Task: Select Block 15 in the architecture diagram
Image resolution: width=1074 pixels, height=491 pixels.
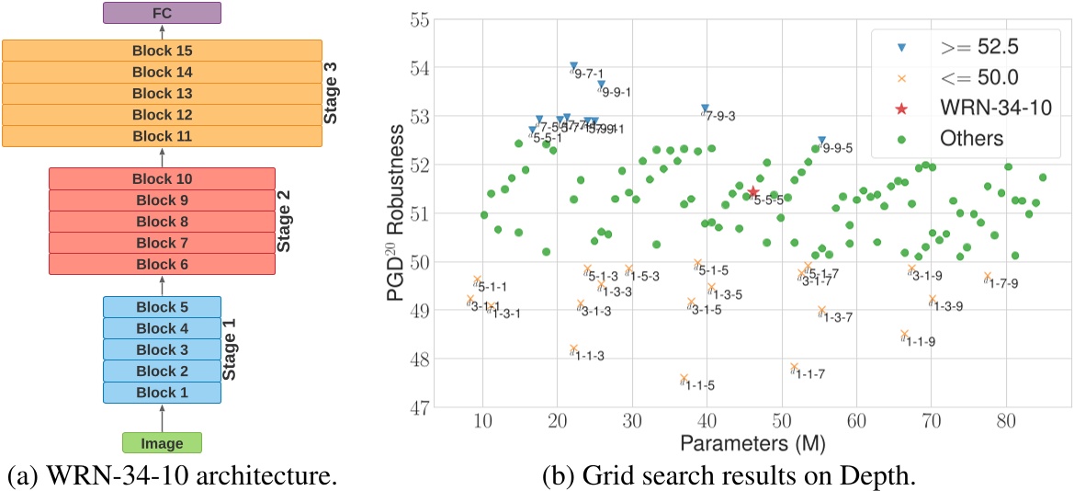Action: (x=162, y=51)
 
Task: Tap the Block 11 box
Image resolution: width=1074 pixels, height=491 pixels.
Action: (x=162, y=136)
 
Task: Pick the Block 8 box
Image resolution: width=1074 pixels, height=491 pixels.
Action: (x=162, y=222)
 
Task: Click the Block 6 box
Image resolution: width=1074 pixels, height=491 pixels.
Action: (x=162, y=264)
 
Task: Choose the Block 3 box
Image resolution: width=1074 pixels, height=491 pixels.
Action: (x=162, y=350)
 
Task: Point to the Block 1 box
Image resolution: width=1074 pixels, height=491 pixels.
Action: (x=162, y=393)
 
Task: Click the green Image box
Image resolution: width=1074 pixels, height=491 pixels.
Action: (x=162, y=443)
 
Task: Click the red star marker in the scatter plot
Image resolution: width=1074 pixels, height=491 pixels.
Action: (x=753, y=191)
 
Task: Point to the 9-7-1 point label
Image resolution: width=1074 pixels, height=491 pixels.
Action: (x=588, y=74)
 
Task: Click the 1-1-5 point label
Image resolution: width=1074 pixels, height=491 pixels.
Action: (x=698, y=385)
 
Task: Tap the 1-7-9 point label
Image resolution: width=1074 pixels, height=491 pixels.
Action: (x=1001, y=283)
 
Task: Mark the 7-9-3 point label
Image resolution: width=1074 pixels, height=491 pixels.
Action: (x=719, y=116)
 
